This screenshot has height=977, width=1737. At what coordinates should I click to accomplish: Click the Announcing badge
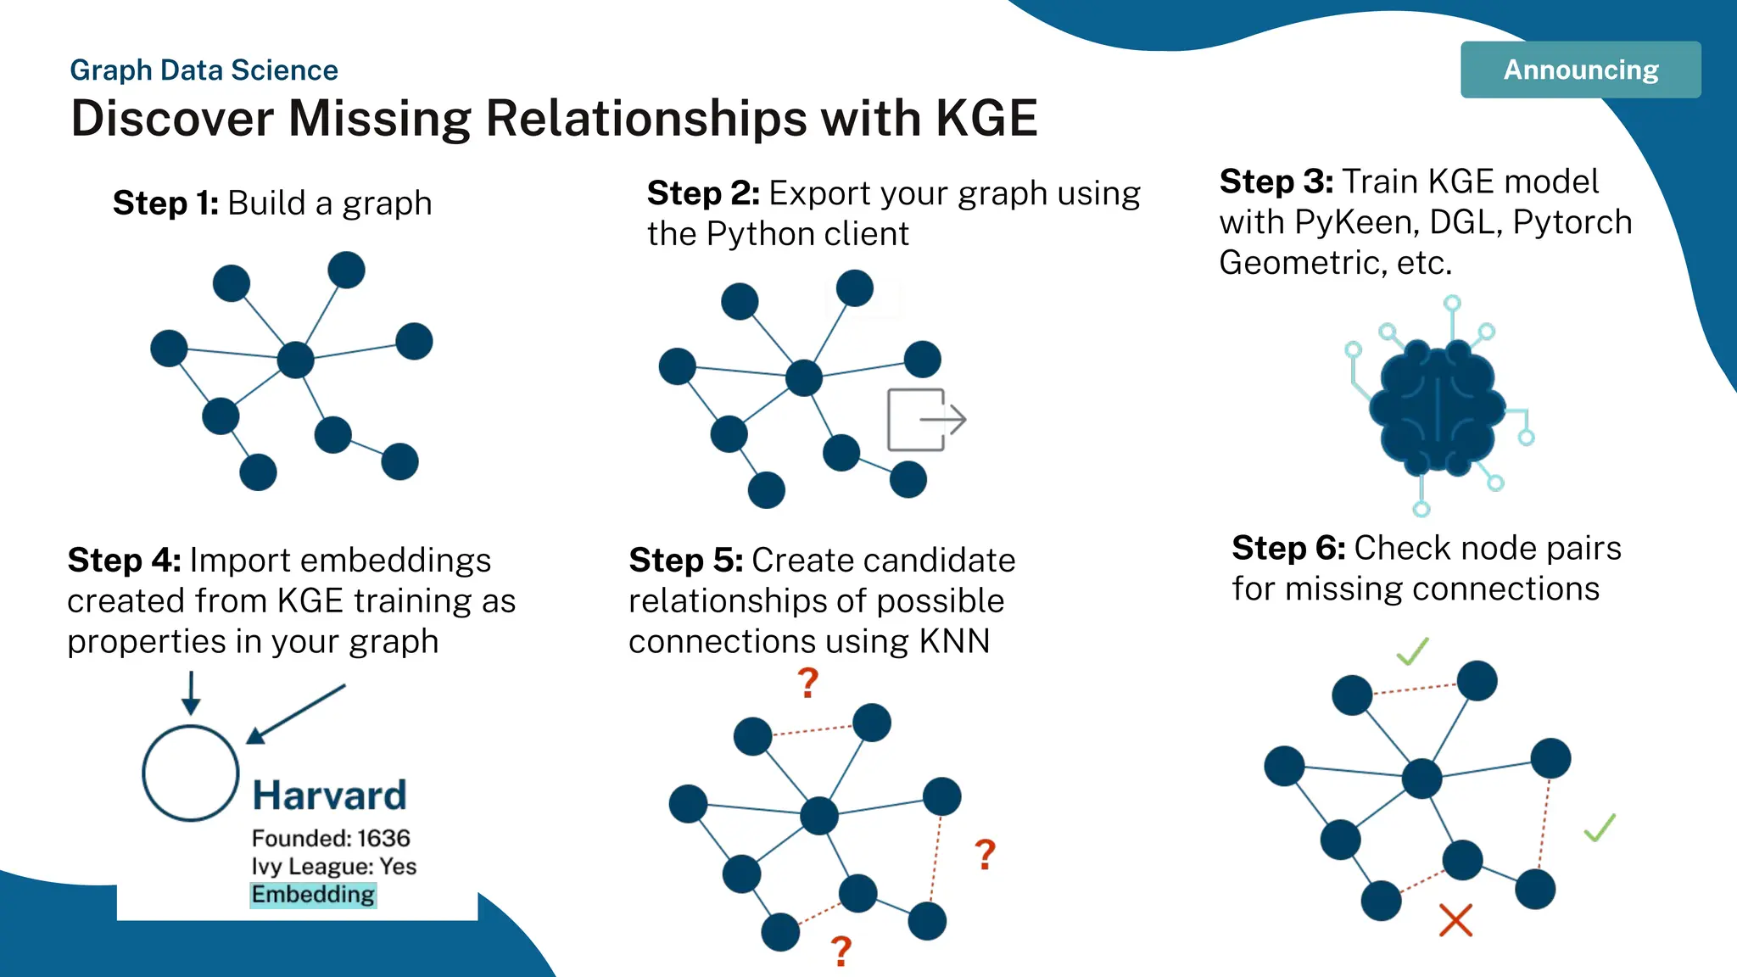(x=1580, y=70)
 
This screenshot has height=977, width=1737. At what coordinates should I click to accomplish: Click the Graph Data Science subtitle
(x=204, y=70)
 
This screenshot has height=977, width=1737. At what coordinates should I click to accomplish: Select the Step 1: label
(x=165, y=204)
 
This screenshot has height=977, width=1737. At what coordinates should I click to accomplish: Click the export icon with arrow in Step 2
(x=925, y=420)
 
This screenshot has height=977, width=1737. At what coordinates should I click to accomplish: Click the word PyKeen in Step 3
(x=1356, y=222)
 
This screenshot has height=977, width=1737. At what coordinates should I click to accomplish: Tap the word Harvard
(x=329, y=796)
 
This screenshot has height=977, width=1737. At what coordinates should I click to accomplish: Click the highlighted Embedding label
(x=313, y=895)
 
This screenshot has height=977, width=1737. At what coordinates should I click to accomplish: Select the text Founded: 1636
(x=331, y=838)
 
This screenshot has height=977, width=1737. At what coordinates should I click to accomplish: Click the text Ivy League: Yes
(x=333, y=866)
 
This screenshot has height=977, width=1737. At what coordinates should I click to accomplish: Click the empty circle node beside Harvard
(x=191, y=773)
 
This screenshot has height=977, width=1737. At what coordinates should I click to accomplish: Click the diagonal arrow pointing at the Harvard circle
(x=297, y=713)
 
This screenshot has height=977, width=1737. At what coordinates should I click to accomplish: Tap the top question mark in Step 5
(x=808, y=683)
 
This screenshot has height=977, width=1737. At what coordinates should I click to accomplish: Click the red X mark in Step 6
(x=1455, y=920)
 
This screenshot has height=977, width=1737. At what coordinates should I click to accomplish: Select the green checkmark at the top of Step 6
(x=1413, y=651)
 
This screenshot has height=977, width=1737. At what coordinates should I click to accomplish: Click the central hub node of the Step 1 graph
(x=295, y=360)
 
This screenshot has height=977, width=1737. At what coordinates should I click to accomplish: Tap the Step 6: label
(x=1287, y=549)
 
